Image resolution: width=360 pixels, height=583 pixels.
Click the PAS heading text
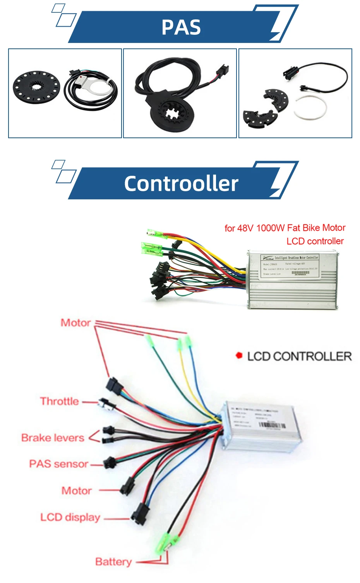point(181,27)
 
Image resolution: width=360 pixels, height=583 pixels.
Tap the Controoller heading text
point(181,183)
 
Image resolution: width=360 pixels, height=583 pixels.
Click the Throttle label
point(59,401)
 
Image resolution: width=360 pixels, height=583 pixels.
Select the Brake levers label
point(53,438)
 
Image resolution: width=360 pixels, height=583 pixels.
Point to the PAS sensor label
point(58,464)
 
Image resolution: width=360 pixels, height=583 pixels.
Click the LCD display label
point(70,517)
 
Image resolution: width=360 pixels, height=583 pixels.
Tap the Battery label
point(113,562)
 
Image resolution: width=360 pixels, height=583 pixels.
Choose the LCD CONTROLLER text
point(299,356)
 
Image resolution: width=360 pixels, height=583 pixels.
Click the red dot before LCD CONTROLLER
point(239,355)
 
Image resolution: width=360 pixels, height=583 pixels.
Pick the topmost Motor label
point(75,323)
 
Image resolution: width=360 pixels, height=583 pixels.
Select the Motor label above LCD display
point(77,491)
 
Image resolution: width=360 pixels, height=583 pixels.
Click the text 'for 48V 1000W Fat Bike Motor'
point(285,228)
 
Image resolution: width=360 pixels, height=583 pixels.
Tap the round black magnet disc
point(36,86)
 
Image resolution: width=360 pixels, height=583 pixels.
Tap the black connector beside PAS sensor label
point(110,463)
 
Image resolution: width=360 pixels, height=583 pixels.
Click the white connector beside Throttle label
point(106,403)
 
